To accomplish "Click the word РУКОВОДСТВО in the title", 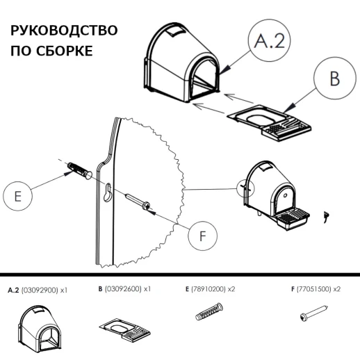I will (63, 32).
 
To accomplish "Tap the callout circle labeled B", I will (334, 78).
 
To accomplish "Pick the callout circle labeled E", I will (20, 197).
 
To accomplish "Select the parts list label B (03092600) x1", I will (124, 288).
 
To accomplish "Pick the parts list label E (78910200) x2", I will (211, 288).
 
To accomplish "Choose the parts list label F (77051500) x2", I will (315, 288).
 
